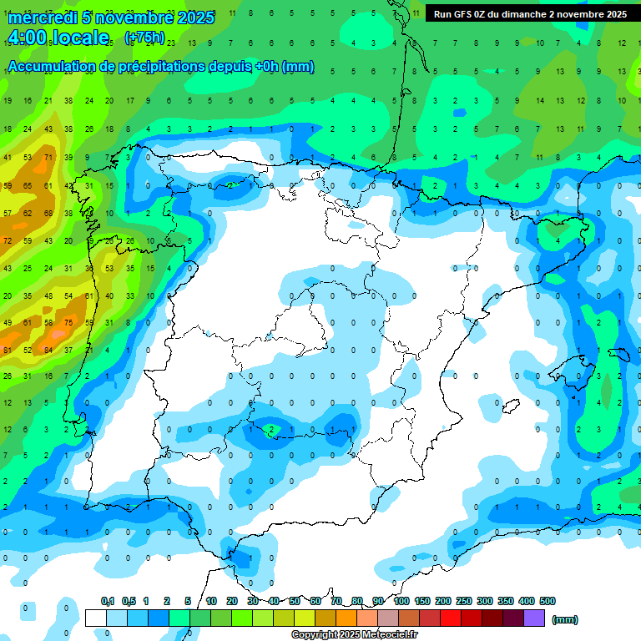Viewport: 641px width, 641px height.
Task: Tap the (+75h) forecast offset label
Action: click(144, 38)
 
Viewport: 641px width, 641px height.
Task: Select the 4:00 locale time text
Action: click(58, 38)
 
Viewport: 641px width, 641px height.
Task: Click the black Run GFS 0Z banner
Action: click(530, 14)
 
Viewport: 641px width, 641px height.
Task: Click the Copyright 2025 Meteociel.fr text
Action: click(354, 634)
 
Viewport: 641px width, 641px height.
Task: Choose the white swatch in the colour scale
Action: click(95, 618)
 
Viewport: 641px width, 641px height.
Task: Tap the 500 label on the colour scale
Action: click(548, 601)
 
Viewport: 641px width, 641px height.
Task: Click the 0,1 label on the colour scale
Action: click(108, 601)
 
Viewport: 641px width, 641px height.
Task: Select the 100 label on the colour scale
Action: click(401, 601)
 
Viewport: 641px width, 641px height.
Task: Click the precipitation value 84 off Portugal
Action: click(48, 350)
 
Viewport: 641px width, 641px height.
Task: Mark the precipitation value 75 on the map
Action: click(68, 323)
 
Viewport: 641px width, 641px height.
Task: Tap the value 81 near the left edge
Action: click(8, 350)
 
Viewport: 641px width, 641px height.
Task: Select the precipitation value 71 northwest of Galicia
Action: click(48, 157)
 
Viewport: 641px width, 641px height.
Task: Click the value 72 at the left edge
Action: click(8, 241)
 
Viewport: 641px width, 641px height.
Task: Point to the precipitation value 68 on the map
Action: click(48, 213)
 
